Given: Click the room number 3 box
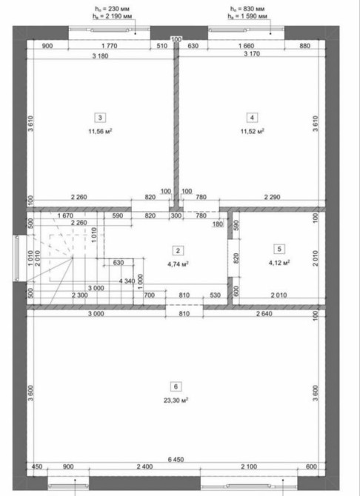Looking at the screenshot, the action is click(100, 118).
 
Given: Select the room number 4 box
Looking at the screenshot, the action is click(252, 118).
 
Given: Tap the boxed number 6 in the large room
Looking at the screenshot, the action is click(176, 386).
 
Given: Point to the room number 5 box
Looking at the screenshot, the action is click(279, 249).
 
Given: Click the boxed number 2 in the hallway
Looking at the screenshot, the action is click(178, 251).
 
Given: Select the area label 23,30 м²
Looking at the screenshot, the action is click(176, 401).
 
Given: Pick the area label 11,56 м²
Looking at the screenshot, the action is click(101, 131).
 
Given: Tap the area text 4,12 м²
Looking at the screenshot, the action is click(279, 263).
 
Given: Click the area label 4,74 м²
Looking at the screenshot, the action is click(179, 264).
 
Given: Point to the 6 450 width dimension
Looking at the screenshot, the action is click(176, 459).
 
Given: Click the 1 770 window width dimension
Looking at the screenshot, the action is click(110, 46).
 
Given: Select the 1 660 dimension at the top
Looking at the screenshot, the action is click(246, 46).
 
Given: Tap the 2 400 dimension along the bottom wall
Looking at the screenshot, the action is click(144, 466).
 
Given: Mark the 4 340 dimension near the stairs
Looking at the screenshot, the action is click(127, 281).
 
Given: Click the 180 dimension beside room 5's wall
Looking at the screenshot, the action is click(219, 224).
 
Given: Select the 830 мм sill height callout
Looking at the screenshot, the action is click(247, 9).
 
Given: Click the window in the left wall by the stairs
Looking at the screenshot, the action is click(16, 258).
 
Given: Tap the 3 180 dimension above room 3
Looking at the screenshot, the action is click(100, 56).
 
